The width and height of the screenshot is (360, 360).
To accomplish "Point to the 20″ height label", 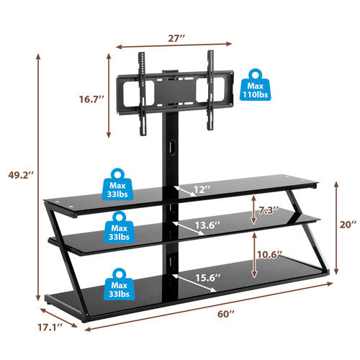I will (348, 225).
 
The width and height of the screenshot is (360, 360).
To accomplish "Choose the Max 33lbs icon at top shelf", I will (119, 184).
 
